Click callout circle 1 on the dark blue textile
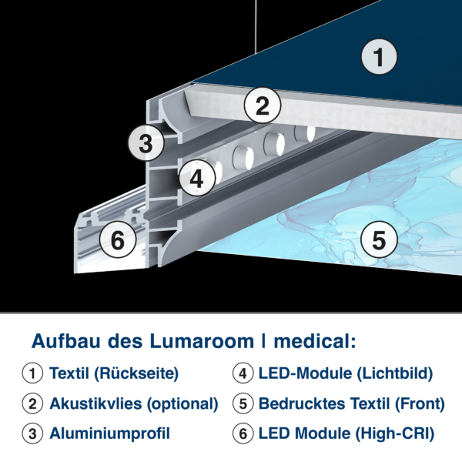pos(379,56)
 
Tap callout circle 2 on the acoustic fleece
pos(263,105)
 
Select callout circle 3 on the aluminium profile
pos(146,143)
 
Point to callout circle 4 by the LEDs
pos(197,178)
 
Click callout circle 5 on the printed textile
pos(379,239)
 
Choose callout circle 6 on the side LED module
pos(118,239)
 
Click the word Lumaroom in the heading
pos(202,341)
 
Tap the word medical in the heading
pos(315,341)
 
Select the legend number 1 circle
pos(32,373)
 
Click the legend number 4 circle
pos(243,373)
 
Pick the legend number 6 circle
pos(243,433)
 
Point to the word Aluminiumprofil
pos(109,434)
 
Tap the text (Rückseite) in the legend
pos(136,373)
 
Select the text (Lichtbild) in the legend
pos(395,373)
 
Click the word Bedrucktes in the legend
pos(302,403)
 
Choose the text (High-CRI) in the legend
pos(395,434)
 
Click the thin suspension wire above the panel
pos(256,26)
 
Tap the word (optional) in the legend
pos(182,404)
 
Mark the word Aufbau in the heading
pos(66,341)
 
